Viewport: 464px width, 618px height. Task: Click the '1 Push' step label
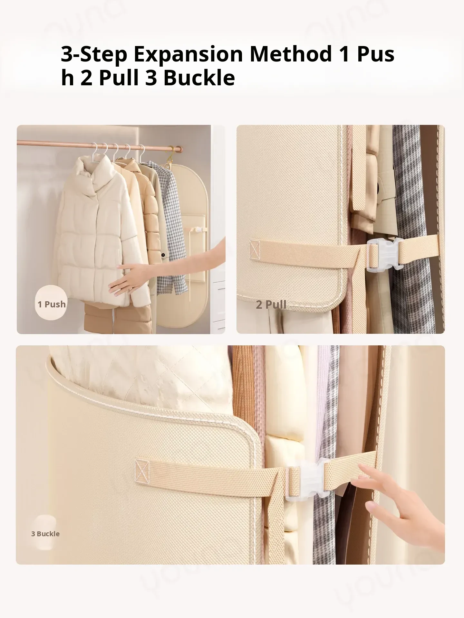(x=52, y=304)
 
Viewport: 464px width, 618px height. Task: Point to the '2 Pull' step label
(x=271, y=304)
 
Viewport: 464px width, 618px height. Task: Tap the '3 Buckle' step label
(x=45, y=534)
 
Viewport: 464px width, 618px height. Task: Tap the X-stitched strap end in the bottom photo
(x=142, y=471)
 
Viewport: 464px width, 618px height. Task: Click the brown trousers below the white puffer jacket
(x=116, y=315)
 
